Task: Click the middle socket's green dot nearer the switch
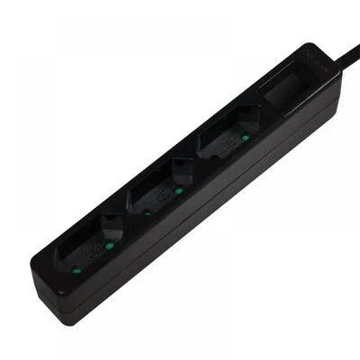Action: tap(178, 191)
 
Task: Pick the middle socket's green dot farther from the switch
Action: tap(147, 212)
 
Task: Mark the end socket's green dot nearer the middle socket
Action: tap(108, 242)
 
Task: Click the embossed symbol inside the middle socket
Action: tap(163, 195)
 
